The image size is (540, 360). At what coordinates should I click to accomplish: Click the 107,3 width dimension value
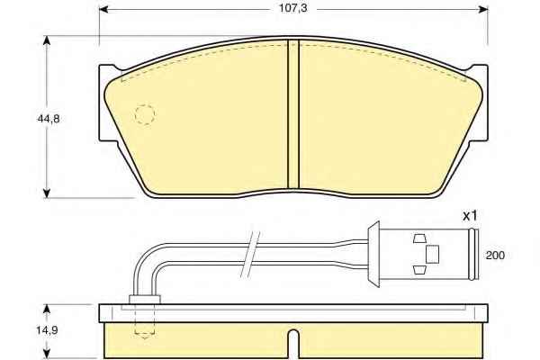[292, 8]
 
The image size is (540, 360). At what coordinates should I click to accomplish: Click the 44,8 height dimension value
[48, 119]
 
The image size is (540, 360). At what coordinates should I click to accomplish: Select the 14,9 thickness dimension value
[47, 330]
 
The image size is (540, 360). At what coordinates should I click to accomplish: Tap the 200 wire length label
[495, 256]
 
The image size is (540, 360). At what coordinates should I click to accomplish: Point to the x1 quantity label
[470, 216]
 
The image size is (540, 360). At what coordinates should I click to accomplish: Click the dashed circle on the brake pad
[145, 114]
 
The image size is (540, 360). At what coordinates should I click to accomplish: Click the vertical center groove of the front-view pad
[293, 114]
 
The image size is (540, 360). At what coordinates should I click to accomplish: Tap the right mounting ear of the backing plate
[479, 103]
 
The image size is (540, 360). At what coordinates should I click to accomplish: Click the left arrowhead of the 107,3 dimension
[103, 9]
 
